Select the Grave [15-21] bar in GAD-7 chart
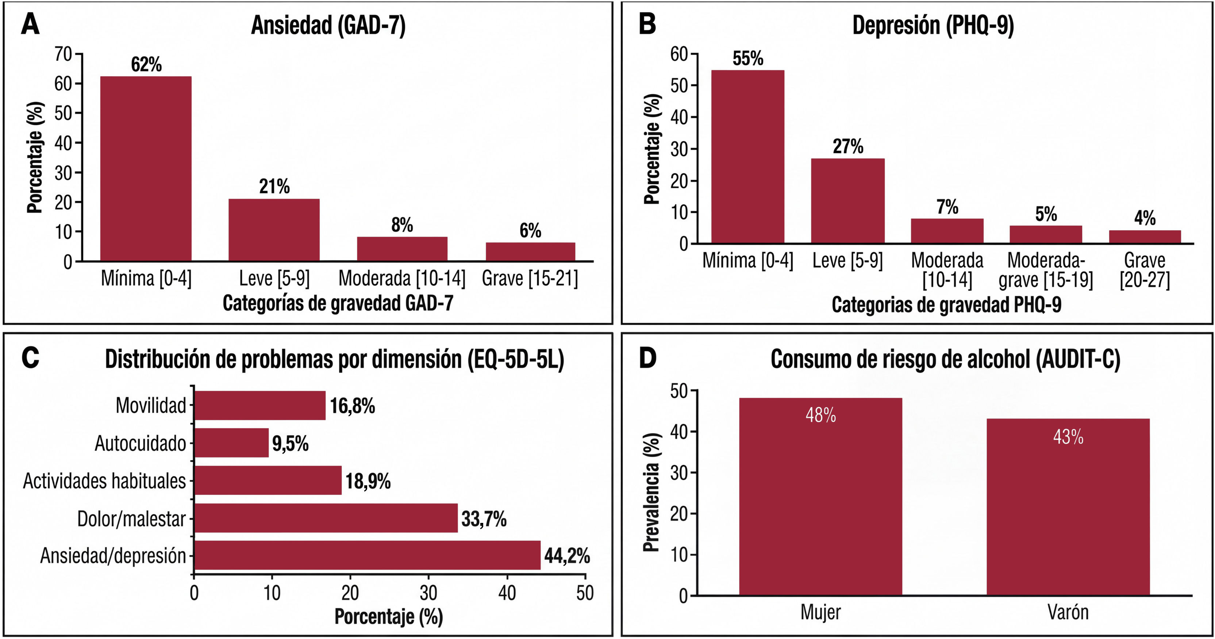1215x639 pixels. [531, 252]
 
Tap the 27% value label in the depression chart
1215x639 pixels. [848, 146]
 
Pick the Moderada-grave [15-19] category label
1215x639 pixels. [1046, 270]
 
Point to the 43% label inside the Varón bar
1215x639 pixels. [1068, 437]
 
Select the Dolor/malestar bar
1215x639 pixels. [326, 518]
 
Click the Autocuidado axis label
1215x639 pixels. [141, 443]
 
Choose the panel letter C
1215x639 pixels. [30, 358]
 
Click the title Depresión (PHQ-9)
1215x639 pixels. [933, 26]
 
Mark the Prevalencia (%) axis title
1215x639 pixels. [651, 492]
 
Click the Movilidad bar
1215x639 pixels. [260, 405]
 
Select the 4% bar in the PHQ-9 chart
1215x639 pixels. [1145, 237]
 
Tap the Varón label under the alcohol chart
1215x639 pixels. [1068, 612]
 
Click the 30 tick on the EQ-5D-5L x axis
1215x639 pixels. [428, 593]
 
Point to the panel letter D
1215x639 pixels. [647, 358]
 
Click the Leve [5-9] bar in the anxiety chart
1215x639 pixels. [274, 230]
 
